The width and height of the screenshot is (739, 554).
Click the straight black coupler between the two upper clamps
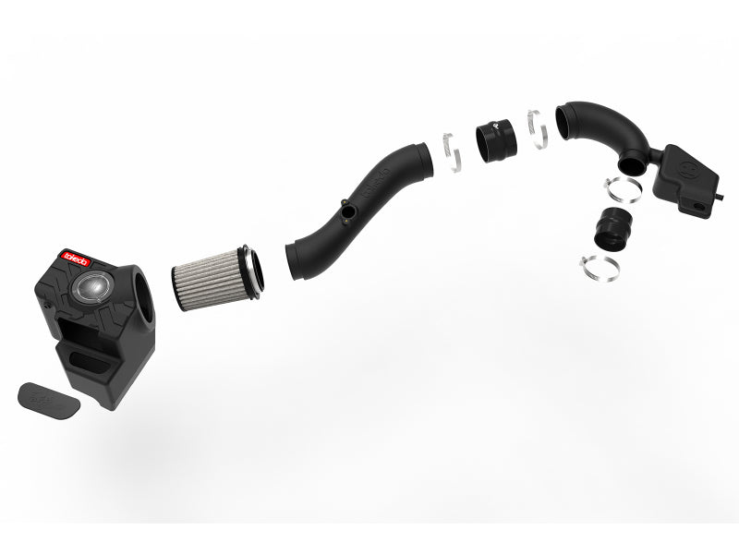click(x=496, y=138)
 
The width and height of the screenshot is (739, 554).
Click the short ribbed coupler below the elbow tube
click(x=607, y=224)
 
